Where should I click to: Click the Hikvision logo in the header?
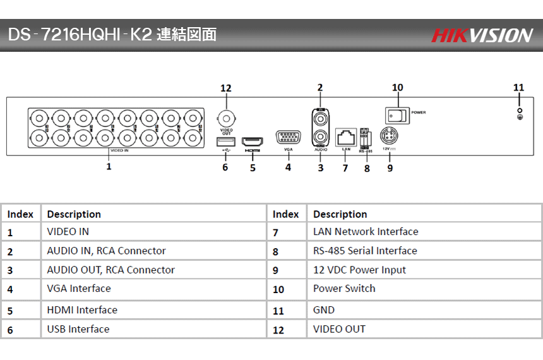tap(482, 35)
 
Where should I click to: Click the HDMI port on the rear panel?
tap(253, 140)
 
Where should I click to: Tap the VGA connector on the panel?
tap(288, 138)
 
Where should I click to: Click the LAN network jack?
tap(345, 136)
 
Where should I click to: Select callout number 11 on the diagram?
tap(519, 87)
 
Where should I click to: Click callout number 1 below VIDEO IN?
tap(109, 167)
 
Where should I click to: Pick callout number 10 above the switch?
tap(398, 88)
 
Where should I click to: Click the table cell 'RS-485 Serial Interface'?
tap(365, 251)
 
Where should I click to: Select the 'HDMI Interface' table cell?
tap(82, 310)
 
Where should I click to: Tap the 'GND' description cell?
tap(324, 310)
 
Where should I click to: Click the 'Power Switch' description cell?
tap(344, 289)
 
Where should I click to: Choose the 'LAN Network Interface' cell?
tap(366, 232)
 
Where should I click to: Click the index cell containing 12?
tap(278, 330)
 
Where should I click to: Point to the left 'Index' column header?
tap(20, 214)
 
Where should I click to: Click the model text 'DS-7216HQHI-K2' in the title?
tap(80, 34)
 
